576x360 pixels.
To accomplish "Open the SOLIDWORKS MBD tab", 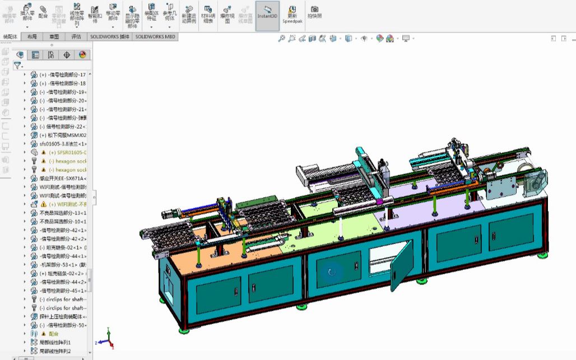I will (155, 36).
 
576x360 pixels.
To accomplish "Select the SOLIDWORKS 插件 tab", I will (110, 36).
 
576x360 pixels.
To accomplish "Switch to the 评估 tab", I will (76, 36).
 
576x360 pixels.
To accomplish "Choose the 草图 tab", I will (54, 36).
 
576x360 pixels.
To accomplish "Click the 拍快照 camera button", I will (314, 12).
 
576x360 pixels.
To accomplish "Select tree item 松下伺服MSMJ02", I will (63, 135).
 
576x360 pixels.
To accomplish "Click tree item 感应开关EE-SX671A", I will (63, 178).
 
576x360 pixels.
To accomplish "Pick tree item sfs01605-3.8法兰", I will (62, 144).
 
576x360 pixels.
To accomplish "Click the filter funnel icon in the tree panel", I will (17, 65).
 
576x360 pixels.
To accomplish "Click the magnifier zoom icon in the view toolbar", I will (282, 39).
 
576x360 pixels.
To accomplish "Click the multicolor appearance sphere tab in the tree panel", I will (82, 54).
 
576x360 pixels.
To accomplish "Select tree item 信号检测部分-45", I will (63, 291).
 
